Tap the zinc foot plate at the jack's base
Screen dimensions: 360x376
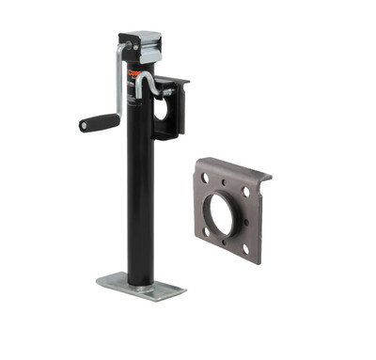click(141, 285)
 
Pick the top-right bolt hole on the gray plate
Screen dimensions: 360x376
click(246, 191)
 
